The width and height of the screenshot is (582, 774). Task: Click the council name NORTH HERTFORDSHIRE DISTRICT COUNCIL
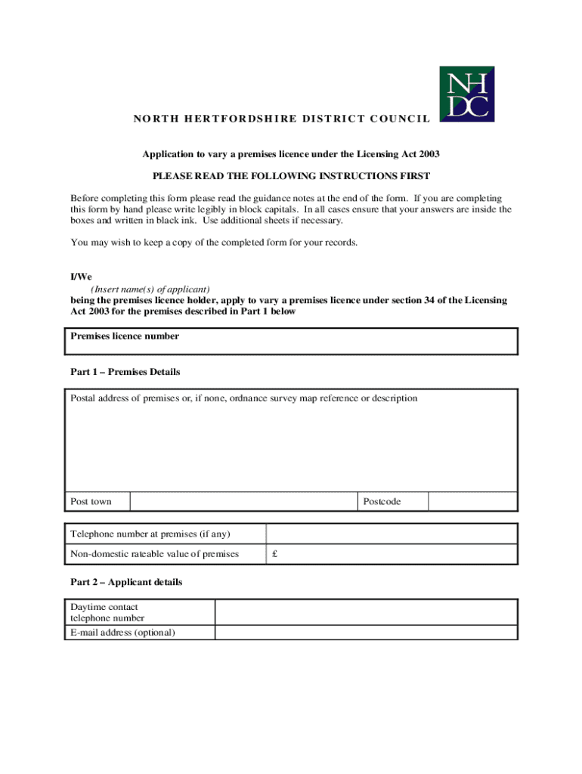click(x=282, y=119)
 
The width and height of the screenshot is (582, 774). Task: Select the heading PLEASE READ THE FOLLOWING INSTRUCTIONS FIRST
click(x=291, y=176)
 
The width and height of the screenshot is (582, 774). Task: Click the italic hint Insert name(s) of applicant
click(x=150, y=289)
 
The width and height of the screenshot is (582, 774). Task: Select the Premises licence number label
click(x=125, y=336)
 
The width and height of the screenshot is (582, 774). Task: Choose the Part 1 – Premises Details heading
click(x=125, y=372)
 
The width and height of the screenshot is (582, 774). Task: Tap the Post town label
click(x=91, y=502)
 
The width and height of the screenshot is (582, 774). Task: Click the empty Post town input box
click(x=243, y=502)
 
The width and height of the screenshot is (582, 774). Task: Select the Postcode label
click(x=382, y=502)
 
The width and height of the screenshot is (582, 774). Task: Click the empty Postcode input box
click(x=472, y=502)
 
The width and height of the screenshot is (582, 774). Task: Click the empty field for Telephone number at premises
click(x=391, y=534)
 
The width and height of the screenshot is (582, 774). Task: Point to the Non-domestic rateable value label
click(x=154, y=554)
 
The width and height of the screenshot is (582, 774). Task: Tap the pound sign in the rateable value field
click(x=275, y=554)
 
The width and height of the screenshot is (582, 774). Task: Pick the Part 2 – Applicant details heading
click(x=126, y=583)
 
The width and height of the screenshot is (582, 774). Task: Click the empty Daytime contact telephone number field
click(x=366, y=612)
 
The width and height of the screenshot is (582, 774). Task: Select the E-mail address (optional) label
click(x=122, y=633)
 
